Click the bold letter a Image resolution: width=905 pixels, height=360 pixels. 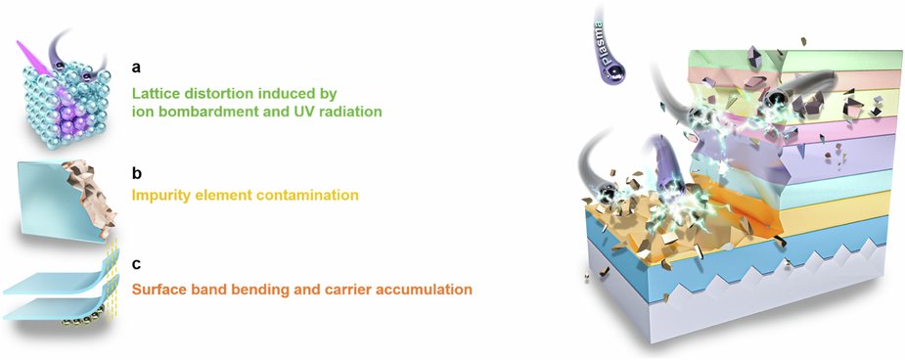137,68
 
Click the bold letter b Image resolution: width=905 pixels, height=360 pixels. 137,173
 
